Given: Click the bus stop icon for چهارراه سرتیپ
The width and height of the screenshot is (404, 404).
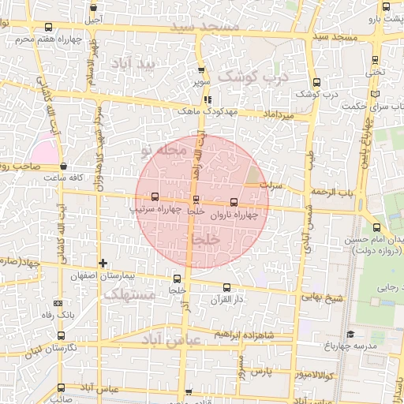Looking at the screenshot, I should pyautogui.click(x=154, y=197).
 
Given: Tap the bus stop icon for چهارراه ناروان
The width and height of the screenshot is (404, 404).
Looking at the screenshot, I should pyautogui.click(x=233, y=202).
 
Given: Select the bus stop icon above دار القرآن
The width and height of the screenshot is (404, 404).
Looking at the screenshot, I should pyautogui.click(x=227, y=287).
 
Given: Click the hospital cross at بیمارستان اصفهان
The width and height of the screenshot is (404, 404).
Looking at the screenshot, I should pyautogui.click(x=103, y=263).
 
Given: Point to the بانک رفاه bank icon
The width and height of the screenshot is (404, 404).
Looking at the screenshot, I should pyautogui.click(x=58, y=303).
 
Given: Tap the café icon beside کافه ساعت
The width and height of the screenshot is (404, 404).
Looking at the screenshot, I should pyautogui.click(x=62, y=166).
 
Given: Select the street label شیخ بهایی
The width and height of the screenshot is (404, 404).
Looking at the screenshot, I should pyautogui.click(x=326, y=298).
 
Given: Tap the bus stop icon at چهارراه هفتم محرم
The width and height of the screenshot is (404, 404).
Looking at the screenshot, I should pyautogui.click(x=48, y=28).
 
